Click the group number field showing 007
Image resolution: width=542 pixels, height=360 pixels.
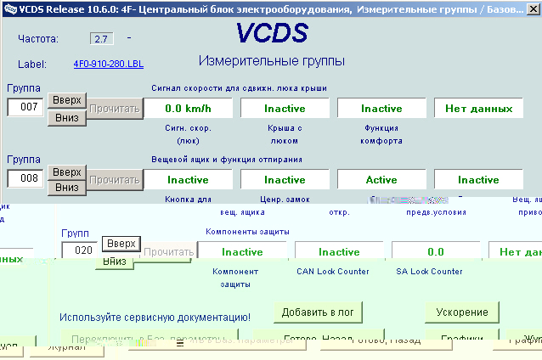(x=25, y=107)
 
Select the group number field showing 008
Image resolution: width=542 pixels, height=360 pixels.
(x=25, y=178)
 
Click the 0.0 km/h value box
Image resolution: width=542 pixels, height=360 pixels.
(x=188, y=108)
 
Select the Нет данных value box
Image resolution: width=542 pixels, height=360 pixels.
(x=479, y=108)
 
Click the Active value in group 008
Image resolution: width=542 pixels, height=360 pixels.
(x=381, y=179)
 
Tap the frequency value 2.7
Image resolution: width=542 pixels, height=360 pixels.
(x=101, y=39)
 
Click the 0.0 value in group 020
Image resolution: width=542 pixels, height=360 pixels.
(x=436, y=251)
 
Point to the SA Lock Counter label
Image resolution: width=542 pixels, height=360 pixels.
(x=429, y=272)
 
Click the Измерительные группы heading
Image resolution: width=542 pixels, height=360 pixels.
(x=271, y=61)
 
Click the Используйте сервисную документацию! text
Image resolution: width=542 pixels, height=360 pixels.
(x=155, y=317)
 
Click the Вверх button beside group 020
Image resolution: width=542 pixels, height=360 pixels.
(x=121, y=244)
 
